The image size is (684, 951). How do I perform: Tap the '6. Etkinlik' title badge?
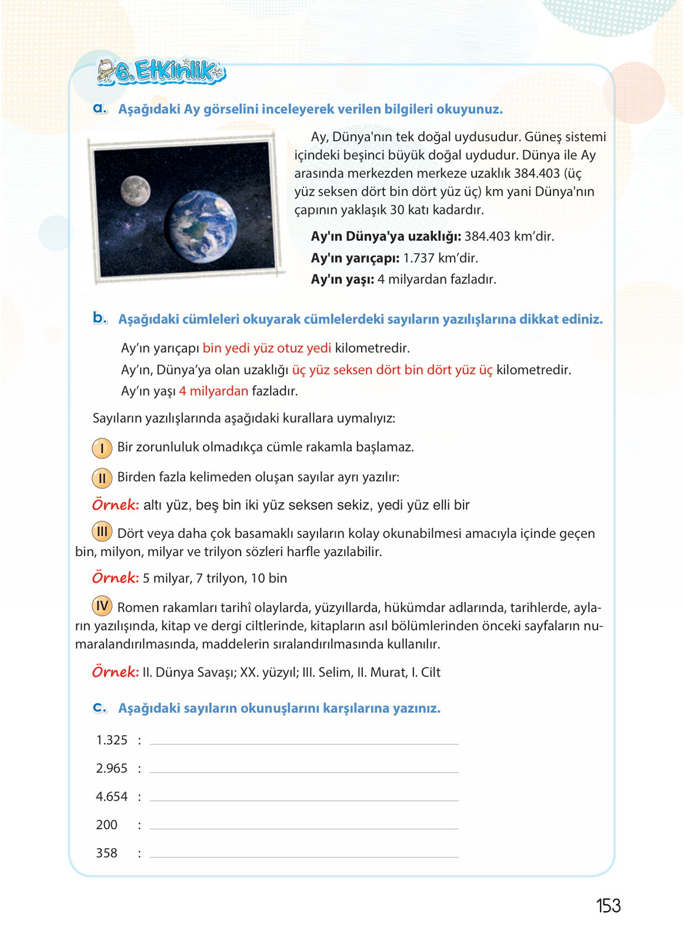click(161, 72)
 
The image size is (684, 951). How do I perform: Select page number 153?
click(608, 906)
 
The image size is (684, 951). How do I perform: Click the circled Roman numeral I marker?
click(102, 448)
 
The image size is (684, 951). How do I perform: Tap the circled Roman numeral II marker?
click(102, 478)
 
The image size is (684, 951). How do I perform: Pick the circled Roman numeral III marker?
click(102, 532)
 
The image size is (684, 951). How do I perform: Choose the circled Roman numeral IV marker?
click(102, 606)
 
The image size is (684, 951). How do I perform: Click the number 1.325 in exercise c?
click(112, 740)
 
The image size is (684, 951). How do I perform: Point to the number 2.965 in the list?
click(112, 769)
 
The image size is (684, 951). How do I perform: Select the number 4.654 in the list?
click(112, 797)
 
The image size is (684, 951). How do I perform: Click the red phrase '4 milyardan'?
click(213, 391)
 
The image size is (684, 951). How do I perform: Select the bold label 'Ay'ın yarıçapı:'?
click(355, 258)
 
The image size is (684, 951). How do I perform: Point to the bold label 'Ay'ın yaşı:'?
click(342, 280)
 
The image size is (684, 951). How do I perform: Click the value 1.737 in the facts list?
click(419, 258)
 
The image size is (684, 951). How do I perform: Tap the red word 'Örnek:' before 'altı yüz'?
click(115, 505)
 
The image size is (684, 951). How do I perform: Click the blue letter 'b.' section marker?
click(100, 318)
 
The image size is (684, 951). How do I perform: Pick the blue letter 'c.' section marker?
click(100, 708)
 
